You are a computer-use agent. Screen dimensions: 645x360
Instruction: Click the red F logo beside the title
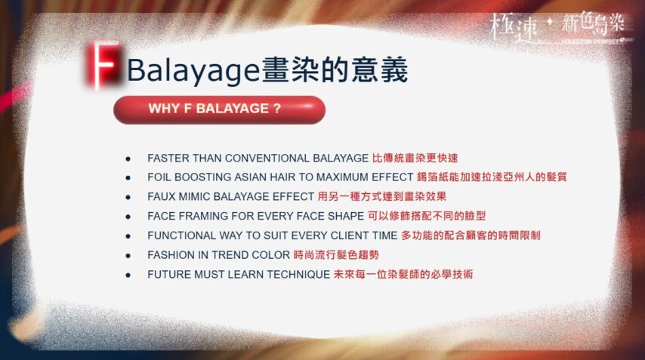(x=103, y=65)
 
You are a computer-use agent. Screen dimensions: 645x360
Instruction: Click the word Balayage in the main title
(x=193, y=70)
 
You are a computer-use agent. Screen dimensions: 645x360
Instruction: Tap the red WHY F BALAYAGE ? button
(x=219, y=109)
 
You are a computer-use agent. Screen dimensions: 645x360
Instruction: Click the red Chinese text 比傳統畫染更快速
(x=415, y=158)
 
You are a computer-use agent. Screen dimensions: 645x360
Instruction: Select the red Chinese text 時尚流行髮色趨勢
(x=337, y=255)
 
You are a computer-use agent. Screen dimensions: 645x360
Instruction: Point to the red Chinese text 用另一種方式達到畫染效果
(x=382, y=196)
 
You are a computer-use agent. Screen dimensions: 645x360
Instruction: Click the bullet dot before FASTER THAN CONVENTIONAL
(x=128, y=158)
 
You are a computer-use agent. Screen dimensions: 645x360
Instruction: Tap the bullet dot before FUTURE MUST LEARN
(x=128, y=275)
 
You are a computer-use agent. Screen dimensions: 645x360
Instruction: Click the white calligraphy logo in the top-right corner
(x=558, y=27)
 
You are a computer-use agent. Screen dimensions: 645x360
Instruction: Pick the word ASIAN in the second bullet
(x=243, y=177)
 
